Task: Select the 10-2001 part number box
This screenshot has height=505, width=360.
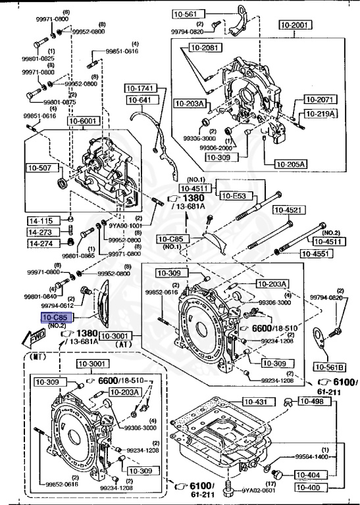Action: [294, 24]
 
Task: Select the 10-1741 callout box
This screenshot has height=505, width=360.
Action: [140, 88]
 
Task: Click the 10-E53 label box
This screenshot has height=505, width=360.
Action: [233, 196]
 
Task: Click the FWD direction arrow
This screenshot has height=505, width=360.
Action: [28, 337]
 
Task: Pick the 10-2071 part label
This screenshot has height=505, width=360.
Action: [320, 100]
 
